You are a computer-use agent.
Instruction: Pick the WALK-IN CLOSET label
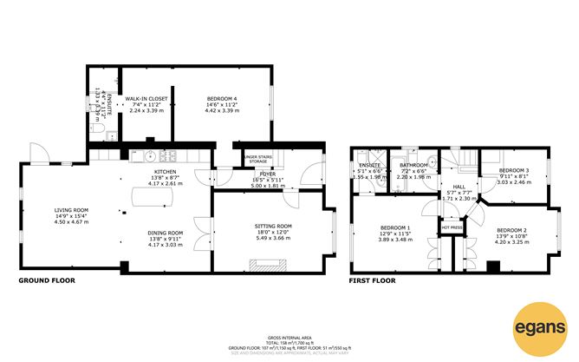coord(146,100)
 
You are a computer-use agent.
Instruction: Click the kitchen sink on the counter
coord(148,157)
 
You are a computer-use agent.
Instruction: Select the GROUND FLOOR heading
coord(47,281)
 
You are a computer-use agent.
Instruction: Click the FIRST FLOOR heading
coord(372,281)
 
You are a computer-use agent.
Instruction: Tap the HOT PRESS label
coord(452,228)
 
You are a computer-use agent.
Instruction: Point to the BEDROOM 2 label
coord(512,230)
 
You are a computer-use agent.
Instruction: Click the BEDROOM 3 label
coord(514,171)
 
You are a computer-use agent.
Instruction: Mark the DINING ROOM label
coord(165,233)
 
